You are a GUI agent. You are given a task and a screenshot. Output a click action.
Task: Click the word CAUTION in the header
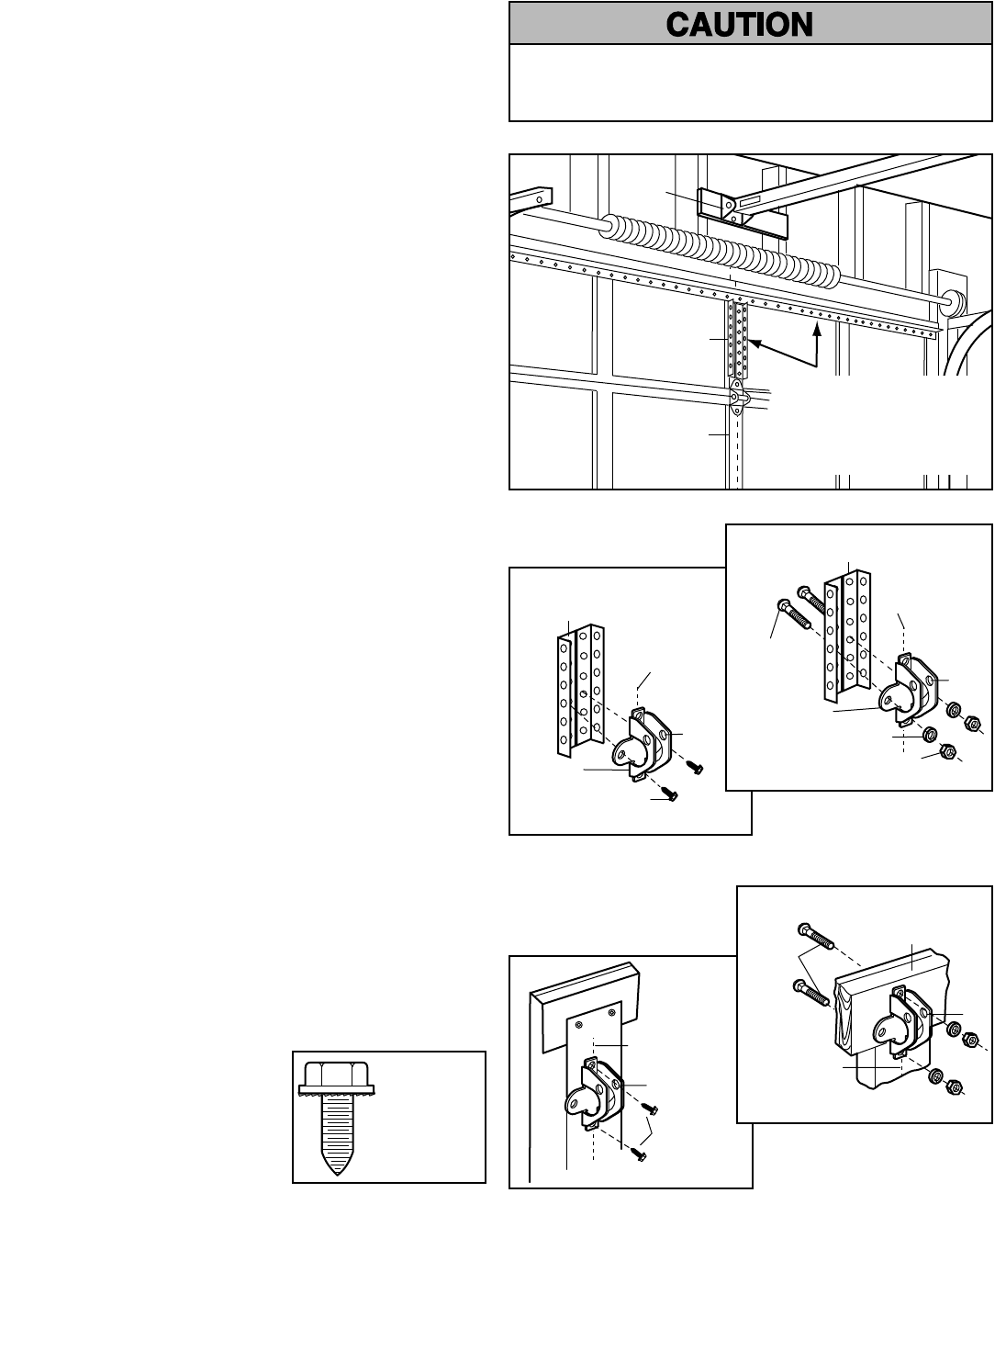739,24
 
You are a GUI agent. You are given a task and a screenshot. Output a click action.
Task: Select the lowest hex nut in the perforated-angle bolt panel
950,752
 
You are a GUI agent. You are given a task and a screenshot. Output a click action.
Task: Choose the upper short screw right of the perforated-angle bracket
696,768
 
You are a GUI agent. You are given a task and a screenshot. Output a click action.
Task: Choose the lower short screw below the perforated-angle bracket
671,796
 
